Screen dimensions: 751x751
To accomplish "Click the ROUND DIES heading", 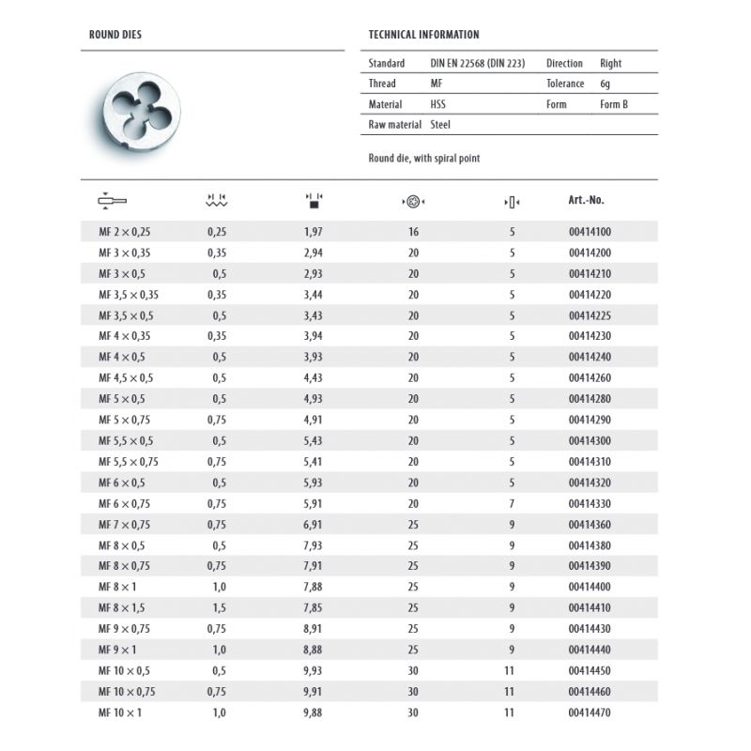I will (x=115, y=35).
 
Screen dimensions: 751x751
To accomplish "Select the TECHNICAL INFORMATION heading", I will (x=424, y=35).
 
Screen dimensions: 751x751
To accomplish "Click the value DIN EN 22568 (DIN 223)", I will (x=477, y=64).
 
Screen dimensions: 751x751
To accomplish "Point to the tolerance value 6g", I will (x=606, y=84).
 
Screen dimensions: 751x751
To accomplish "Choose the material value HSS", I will (x=438, y=104).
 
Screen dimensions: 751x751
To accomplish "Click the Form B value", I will (x=613, y=104).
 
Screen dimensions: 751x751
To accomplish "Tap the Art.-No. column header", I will (x=587, y=200).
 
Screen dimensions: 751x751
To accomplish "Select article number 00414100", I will (x=590, y=232).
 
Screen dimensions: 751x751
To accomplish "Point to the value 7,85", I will (x=314, y=606).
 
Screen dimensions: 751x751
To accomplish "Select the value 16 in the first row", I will (x=413, y=232).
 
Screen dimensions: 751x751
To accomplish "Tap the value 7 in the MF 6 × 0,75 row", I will (x=512, y=504).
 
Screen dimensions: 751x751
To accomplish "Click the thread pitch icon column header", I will (x=217, y=200).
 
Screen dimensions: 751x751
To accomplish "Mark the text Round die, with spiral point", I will (x=424, y=159).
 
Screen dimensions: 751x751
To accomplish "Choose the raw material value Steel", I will (x=440, y=124).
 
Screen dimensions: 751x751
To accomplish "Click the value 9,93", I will (x=314, y=671).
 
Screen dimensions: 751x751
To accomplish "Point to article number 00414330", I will (x=590, y=504).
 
